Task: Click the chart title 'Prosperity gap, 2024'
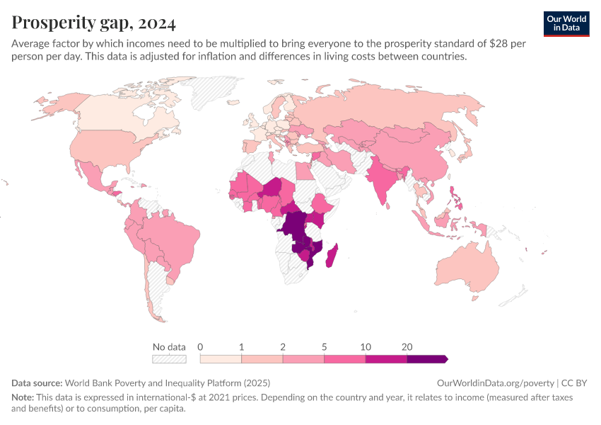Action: (x=94, y=23)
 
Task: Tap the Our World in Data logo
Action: (x=566, y=23)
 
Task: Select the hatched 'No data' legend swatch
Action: (x=169, y=359)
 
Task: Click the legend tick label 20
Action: (x=407, y=347)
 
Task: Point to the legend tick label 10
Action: (x=366, y=347)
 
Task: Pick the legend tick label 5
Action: (x=325, y=347)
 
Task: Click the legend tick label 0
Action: (x=201, y=347)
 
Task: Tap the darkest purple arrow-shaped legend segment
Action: (x=427, y=359)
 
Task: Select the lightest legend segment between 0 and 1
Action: (x=221, y=359)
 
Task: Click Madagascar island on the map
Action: (x=331, y=255)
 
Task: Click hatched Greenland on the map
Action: (x=212, y=89)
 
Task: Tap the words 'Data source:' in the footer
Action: (x=37, y=383)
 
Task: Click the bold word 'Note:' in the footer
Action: (x=23, y=397)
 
